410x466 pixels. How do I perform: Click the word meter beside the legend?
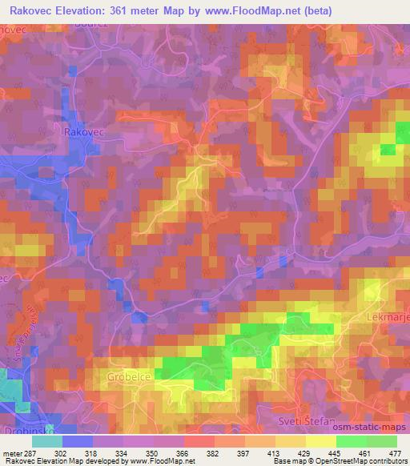[x=10, y=452]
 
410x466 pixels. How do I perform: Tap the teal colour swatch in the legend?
[x=47, y=440]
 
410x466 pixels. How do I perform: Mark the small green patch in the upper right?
[x=388, y=149]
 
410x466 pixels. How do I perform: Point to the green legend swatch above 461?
[x=352, y=440]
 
